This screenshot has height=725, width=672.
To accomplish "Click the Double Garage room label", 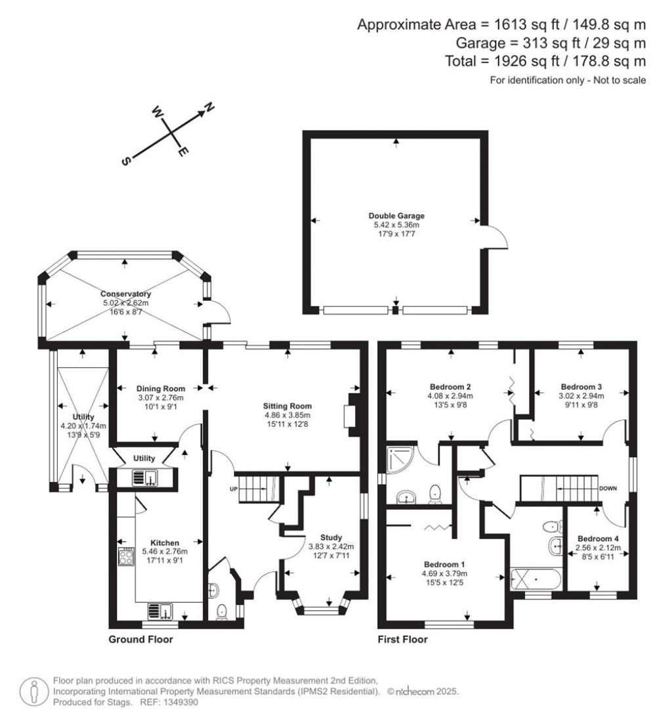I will pos(396,215).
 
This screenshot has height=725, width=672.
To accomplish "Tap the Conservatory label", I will pos(125,294).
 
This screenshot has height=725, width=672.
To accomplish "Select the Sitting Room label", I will pos(288,406).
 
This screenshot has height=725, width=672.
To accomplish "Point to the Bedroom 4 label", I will pos(597,538).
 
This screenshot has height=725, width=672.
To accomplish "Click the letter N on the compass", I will pos(209,106).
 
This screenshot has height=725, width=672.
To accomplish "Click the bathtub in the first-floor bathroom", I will pos(536,580).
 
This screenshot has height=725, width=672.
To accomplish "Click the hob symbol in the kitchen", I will pos(125,557).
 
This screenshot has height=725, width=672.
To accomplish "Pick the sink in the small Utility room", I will pos(144,478).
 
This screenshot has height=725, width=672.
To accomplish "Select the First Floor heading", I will pos(402,639).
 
